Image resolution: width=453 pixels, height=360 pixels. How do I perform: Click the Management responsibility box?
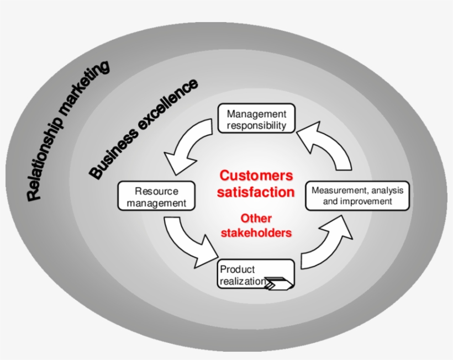(256, 119)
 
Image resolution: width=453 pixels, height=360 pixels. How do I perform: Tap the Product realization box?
(256, 274)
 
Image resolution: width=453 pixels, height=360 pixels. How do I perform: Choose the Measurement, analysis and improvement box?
(357, 195)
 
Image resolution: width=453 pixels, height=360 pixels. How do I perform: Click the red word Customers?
(256, 176)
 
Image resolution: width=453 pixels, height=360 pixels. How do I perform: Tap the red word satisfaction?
(256, 192)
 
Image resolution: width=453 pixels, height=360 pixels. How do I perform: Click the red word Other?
(256, 218)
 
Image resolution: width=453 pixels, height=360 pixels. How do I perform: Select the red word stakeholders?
(256, 232)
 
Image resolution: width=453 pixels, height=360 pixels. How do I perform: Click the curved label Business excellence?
(143, 129)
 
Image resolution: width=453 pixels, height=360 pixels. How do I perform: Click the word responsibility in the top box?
(257, 125)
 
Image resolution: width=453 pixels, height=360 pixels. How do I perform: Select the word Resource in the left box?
(156, 192)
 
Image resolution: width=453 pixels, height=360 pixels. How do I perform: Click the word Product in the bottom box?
(238, 269)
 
